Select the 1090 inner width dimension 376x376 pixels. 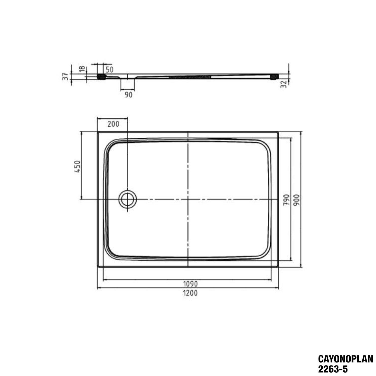tap(191, 284)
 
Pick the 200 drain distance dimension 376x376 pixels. tap(114, 124)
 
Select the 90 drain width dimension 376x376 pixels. tap(128, 95)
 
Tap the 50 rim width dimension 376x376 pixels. tap(109, 69)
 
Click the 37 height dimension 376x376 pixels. tap(66, 76)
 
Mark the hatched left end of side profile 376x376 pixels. tap(102, 76)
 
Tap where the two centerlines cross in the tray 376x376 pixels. tap(188, 199)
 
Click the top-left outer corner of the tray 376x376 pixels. tap(98, 131)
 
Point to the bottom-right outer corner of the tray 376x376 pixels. tap(278, 267)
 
